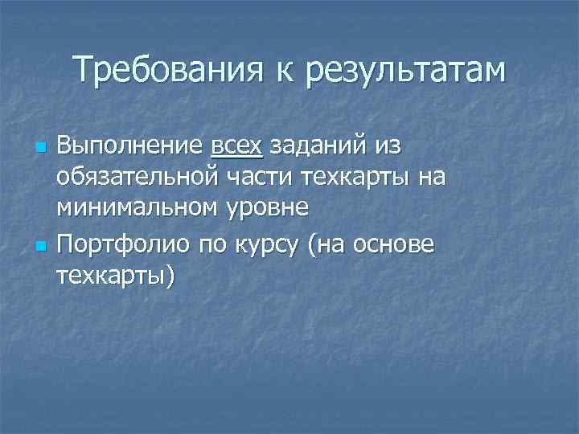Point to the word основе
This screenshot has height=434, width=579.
[398, 242]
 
